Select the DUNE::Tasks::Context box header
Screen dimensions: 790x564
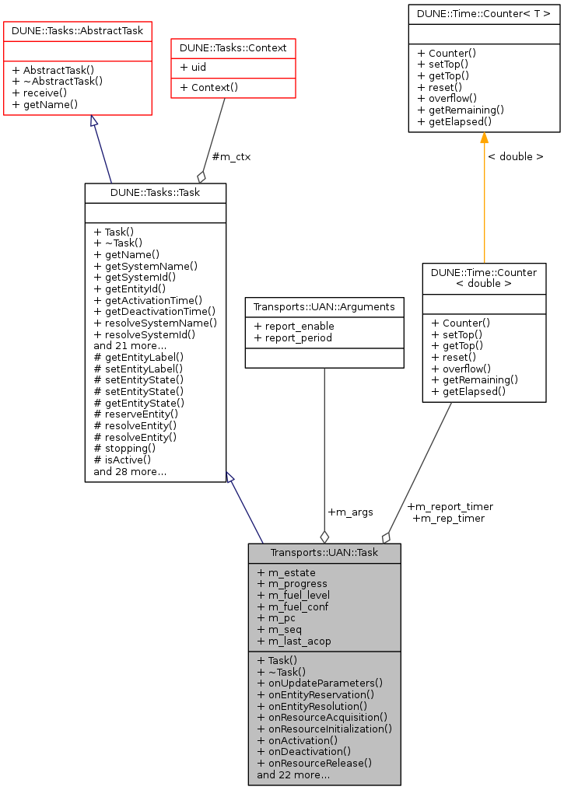233,47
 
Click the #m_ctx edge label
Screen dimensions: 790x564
231,156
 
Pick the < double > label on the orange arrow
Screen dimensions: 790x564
515,156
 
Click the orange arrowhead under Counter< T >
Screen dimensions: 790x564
484,138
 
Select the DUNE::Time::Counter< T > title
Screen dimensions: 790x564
484,13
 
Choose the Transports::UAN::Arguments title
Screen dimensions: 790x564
324,307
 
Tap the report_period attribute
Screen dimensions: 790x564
293,337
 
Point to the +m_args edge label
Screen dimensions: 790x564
350,512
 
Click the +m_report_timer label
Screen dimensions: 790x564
450,506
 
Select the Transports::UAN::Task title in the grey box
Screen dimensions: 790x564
324,553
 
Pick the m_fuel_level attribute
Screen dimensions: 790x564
293,595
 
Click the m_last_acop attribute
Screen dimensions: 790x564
293,641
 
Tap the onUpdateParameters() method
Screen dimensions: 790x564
320,683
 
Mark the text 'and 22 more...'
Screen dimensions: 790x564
293,774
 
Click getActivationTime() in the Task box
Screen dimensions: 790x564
148,300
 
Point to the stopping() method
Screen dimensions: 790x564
124,448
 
